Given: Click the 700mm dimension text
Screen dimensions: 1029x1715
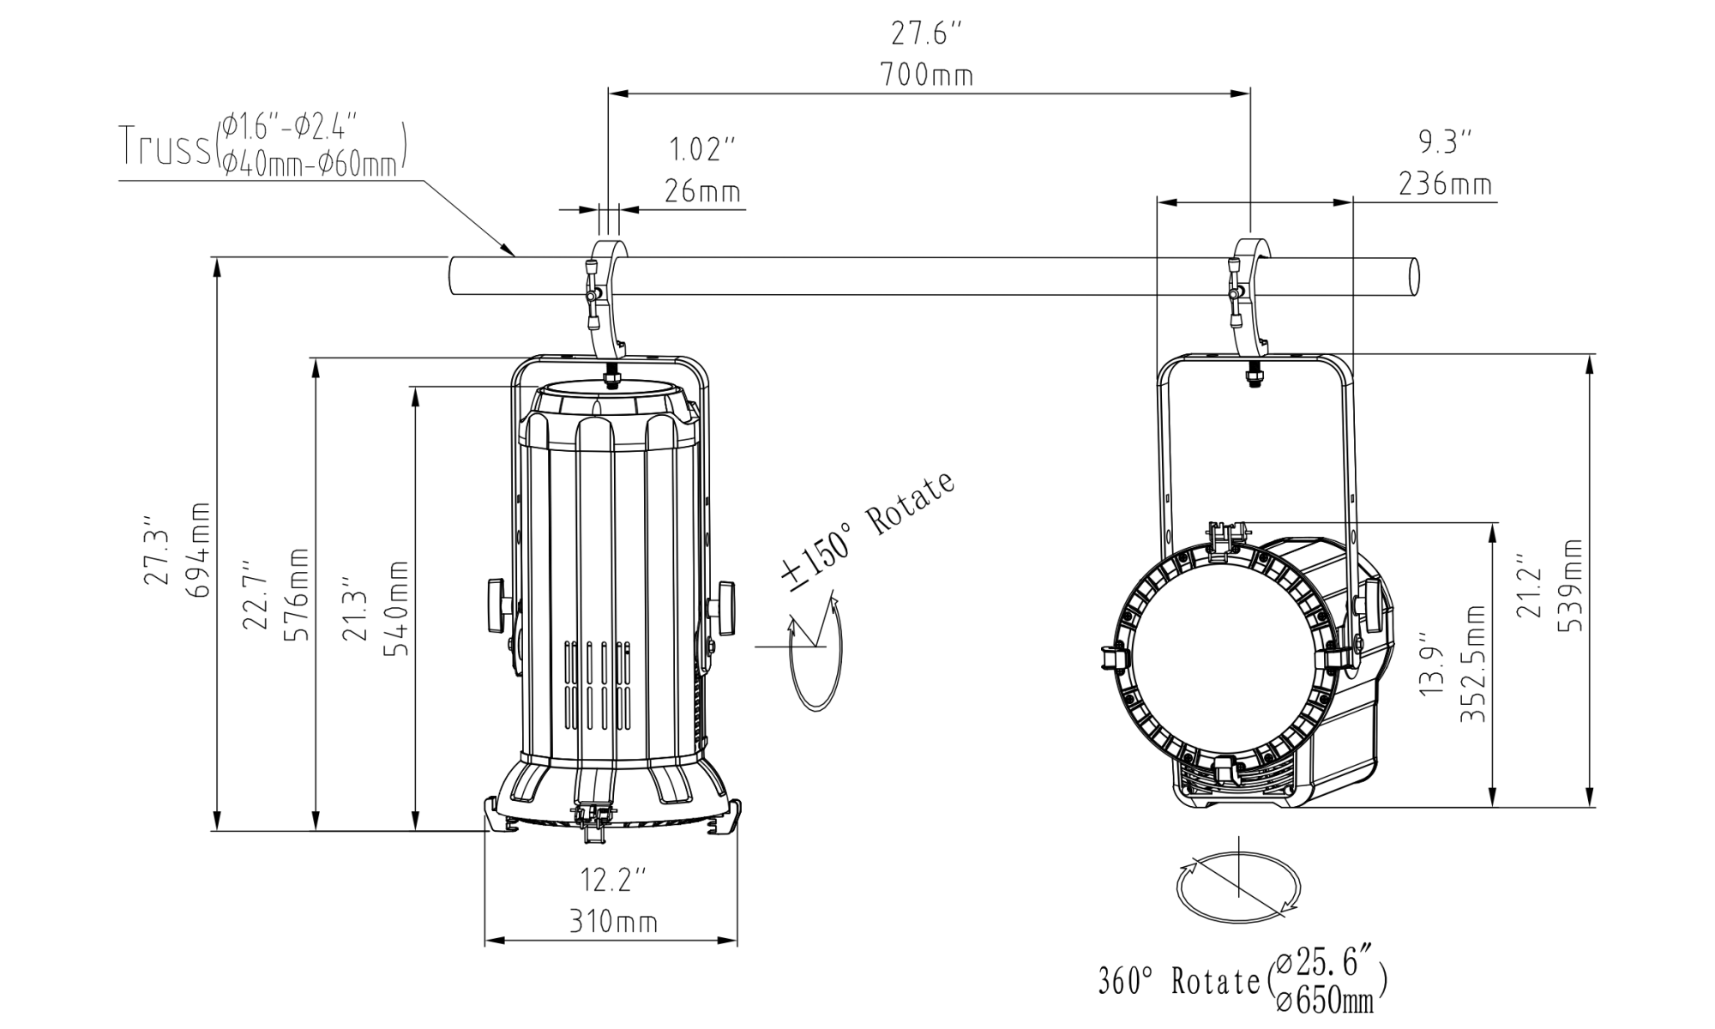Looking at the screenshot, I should tap(926, 75).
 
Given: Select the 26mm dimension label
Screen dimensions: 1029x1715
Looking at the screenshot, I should tap(702, 190).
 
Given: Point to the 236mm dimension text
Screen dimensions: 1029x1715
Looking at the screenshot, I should tap(1444, 184).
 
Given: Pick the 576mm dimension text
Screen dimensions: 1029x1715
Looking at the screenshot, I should tap(297, 594).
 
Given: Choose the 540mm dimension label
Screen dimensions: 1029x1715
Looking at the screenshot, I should tap(394, 607).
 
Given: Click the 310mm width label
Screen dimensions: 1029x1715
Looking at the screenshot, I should tap(613, 922).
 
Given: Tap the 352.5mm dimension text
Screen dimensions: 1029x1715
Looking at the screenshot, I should tap(1472, 663).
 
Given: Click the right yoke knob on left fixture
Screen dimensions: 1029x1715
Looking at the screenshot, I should tap(725, 608).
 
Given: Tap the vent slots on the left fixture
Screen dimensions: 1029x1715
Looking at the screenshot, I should tap(597, 686).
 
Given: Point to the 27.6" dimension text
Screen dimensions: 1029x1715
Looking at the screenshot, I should tap(926, 34).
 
